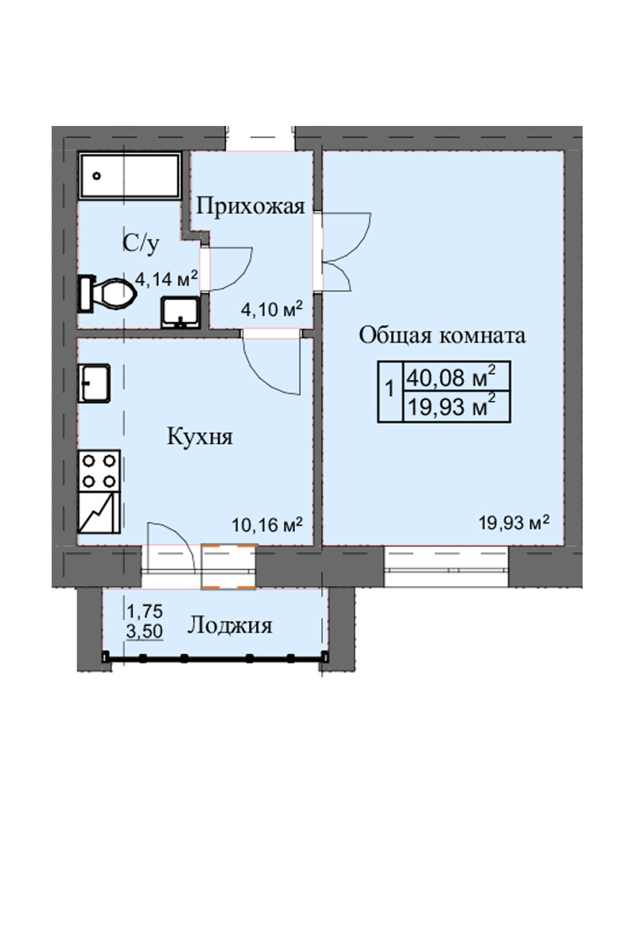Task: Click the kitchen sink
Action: click(95, 383)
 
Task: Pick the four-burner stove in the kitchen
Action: click(99, 469)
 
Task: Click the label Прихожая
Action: click(251, 207)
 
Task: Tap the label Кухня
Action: click(200, 437)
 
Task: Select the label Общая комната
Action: click(442, 335)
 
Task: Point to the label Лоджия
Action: click(230, 626)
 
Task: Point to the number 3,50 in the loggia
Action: click(144, 632)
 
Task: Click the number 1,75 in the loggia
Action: click(144, 611)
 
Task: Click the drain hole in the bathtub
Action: click(97, 176)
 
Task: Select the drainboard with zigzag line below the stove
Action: click(99, 512)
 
